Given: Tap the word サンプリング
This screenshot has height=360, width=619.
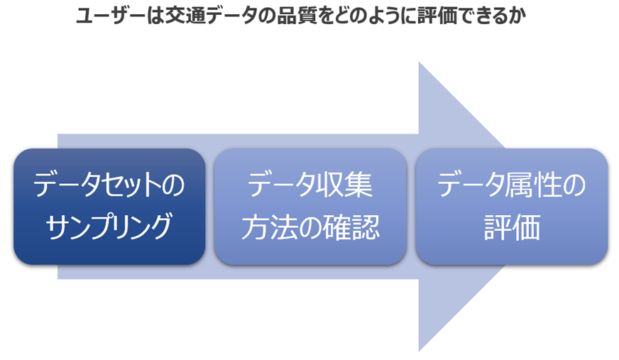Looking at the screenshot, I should point(109,227).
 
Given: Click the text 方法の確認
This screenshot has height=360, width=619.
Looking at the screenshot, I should point(310,227).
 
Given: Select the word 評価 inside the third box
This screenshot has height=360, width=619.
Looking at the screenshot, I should point(512,227).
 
